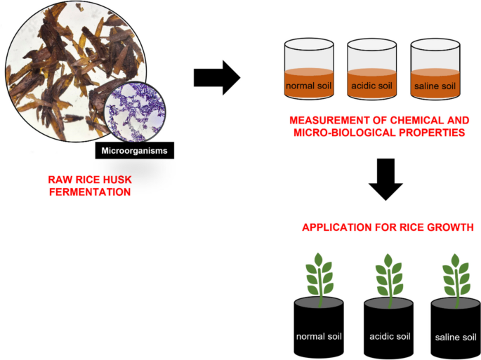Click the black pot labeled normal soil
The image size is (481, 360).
(319, 327)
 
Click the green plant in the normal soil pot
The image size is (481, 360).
(319, 277)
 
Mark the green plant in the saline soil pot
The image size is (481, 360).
(454, 277)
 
